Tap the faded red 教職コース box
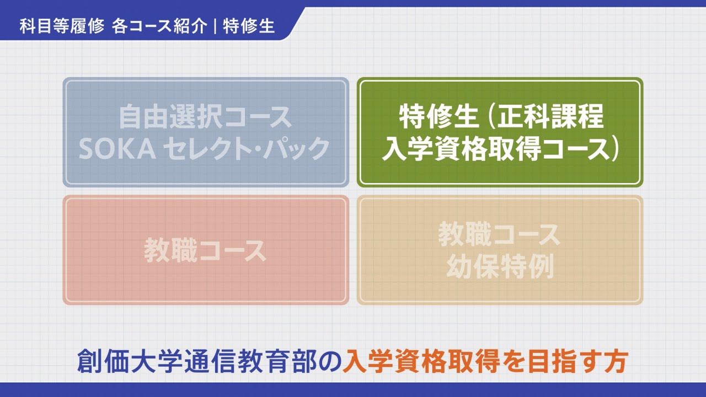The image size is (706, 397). point(206,249)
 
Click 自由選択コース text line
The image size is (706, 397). point(206,117)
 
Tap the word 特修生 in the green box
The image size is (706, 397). point(431,117)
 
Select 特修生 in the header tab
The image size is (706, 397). point(249,26)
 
